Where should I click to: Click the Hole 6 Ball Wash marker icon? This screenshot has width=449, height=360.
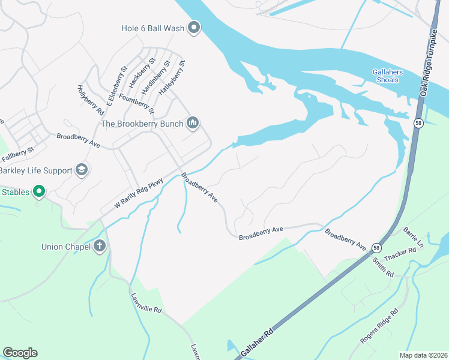click(193, 28)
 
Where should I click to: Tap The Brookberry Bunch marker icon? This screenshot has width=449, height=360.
click(193, 124)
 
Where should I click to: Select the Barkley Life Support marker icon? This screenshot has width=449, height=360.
click(82, 170)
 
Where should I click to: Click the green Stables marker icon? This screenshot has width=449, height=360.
click(40, 192)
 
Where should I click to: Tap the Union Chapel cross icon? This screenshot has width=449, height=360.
click(99, 246)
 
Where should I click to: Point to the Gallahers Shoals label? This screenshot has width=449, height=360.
click(387, 76)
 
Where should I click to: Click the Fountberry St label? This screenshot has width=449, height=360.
click(137, 104)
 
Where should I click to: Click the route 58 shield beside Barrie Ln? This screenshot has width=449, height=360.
click(376, 247)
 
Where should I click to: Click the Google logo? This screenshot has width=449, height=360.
click(20, 353)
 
